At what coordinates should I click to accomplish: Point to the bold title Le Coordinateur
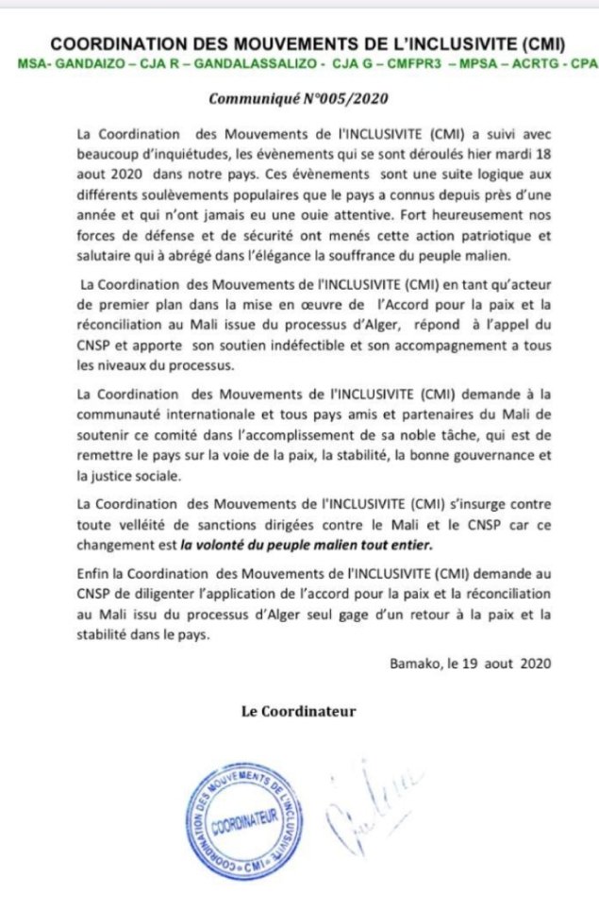pos(299,711)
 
